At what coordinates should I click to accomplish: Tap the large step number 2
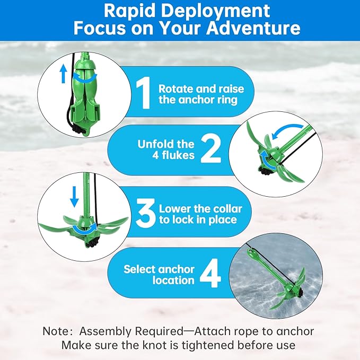click(210, 151)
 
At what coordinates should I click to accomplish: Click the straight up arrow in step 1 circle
click(63, 73)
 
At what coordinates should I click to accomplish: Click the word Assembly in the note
click(104, 331)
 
